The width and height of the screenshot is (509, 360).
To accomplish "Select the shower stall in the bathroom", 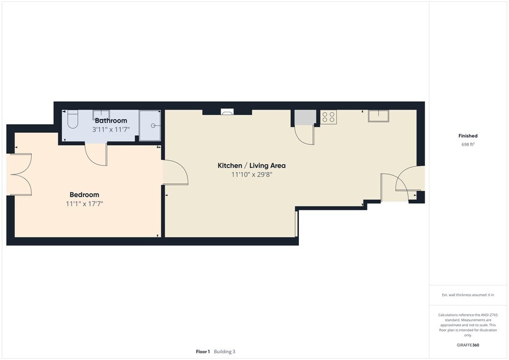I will coord(149,126).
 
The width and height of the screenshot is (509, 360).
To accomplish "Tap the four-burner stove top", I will coord(328,116).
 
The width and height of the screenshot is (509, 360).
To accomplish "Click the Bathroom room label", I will coord(111,121).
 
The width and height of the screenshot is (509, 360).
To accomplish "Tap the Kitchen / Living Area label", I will coord(252,165).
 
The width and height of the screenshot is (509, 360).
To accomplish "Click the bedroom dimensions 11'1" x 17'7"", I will coord(85,204).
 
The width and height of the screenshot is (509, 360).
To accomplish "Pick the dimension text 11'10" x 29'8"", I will coord(252,174).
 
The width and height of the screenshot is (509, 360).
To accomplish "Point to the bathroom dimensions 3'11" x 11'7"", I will coord(111,130).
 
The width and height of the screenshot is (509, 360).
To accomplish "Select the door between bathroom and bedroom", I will coord(97,154).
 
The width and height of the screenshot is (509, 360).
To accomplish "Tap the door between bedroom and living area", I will coord(176,172).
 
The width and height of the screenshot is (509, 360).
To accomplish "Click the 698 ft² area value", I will coord(468,144).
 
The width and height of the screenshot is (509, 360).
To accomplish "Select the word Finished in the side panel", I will coord(468,136).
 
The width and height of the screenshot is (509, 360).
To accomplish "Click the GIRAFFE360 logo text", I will coord(468,345).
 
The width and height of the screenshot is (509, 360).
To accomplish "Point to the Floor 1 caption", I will coord(203,351).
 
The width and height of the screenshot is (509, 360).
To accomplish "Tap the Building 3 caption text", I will coord(224,351).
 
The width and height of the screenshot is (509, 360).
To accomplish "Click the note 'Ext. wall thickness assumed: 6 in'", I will coord(468,295).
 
